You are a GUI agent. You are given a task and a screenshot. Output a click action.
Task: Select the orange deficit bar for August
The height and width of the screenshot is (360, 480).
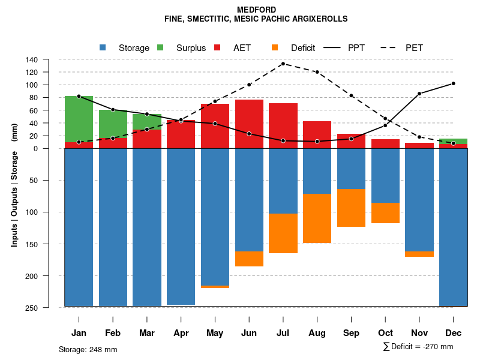tap(317, 218)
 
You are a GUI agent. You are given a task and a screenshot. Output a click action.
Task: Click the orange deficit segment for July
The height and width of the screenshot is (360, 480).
tap(283, 233)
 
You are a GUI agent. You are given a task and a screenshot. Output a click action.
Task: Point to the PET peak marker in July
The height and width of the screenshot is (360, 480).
tap(283, 64)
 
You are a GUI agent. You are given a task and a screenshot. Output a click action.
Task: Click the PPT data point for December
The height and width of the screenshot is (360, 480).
tap(453, 83)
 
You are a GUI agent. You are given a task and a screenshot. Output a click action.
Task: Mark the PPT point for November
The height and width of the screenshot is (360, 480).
tap(419, 94)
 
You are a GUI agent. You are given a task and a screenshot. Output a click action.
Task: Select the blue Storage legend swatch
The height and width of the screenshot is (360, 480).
tap(103, 47)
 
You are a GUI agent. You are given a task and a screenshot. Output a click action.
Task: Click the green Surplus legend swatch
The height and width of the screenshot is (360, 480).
tap(160, 47)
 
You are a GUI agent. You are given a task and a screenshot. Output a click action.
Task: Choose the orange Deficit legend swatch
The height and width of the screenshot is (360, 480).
tap(275, 47)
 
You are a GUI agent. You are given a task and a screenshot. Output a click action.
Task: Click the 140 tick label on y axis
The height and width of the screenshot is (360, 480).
tap(32, 59)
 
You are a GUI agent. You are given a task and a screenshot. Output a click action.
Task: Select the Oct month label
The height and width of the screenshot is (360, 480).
tap(385, 333)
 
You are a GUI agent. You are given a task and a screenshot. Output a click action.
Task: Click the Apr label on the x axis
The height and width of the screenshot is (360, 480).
tap(181, 333)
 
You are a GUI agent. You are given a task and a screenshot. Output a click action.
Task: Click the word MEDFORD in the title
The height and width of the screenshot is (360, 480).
tap(256, 10)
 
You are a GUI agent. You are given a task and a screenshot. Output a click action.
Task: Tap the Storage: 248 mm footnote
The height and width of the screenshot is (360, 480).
tap(88, 349)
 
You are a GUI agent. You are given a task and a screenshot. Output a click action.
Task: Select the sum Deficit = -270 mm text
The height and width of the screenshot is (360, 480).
tap(418, 347)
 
